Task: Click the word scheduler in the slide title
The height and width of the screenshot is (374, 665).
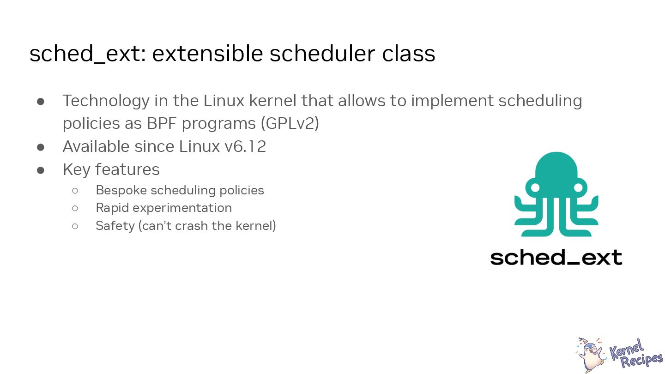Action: [x=322, y=54]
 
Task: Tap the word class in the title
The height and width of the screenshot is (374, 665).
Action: [x=409, y=54]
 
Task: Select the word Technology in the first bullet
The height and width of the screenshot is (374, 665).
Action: [x=106, y=101]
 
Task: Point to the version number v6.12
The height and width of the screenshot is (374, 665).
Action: [x=245, y=147]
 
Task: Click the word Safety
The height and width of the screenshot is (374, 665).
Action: [x=115, y=226]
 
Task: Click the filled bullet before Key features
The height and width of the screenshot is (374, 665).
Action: [x=41, y=170]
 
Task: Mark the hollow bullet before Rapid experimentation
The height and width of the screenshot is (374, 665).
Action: [x=75, y=208]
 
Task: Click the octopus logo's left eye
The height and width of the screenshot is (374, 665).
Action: [x=535, y=187]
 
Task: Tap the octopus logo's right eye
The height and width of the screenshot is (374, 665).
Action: [x=578, y=187]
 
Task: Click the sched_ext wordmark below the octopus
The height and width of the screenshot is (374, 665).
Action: [x=556, y=257]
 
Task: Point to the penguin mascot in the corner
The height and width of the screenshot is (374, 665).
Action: [x=591, y=355]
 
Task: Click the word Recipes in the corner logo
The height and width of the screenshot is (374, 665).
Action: [x=642, y=360]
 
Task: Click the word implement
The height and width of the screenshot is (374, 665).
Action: [x=452, y=101]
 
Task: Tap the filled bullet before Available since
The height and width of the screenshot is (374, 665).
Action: [x=41, y=147]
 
